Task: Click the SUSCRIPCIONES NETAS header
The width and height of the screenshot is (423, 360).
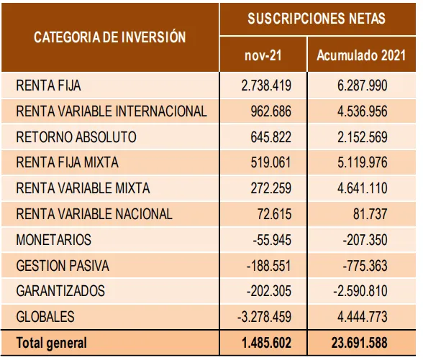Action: click(317, 19)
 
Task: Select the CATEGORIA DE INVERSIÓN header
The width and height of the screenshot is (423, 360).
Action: click(110, 37)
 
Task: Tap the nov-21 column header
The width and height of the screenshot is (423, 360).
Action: click(263, 55)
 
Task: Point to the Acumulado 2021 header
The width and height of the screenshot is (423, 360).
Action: click(361, 55)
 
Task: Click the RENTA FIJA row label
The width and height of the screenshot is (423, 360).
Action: click(49, 86)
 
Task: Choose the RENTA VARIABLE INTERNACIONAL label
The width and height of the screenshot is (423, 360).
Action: click(112, 111)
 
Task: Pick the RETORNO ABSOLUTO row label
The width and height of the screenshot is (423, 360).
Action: click(76, 137)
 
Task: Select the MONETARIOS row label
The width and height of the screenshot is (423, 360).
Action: click(54, 240)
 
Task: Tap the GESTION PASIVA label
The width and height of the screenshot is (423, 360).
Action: click(63, 266)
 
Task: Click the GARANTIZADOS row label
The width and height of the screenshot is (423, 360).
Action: click(60, 291)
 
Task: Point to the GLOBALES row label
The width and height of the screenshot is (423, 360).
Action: click(45, 317)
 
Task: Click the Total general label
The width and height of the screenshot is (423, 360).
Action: click(52, 343)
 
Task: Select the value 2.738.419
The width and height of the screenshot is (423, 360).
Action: click(266, 86)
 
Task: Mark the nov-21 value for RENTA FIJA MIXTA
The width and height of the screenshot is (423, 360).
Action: click(270, 162)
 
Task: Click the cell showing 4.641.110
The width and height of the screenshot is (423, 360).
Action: click(363, 188)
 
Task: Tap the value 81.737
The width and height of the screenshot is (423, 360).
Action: click(370, 214)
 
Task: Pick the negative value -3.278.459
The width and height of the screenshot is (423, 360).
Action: click(265, 317)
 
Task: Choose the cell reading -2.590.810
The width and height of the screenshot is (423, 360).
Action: click(360, 291)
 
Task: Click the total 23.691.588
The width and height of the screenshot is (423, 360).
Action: click(360, 343)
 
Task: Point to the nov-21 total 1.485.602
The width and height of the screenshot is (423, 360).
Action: click(266, 343)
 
